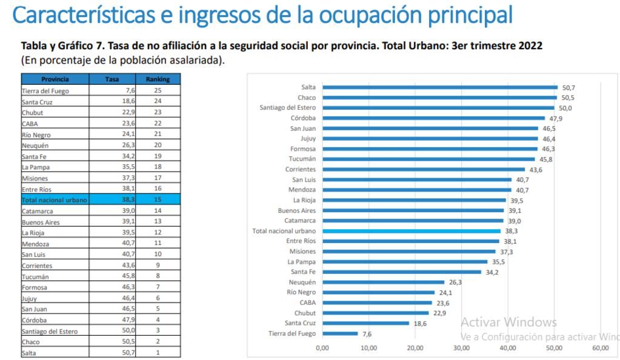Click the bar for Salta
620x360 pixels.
(439, 87)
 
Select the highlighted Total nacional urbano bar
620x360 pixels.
(412, 231)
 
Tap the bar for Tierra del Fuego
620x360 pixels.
(340, 333)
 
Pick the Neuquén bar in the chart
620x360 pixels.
(383, 282)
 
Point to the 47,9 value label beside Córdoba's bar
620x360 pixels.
(556, 118)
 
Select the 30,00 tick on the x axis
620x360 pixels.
(461, 348)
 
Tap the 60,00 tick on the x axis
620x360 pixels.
(600, 348)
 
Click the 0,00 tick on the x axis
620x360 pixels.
(322, 348)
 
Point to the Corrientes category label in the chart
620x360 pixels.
(301, 169)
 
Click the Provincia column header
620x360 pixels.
(55, 79)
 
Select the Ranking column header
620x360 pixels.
(157, 79)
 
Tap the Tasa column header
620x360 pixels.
(113, 79)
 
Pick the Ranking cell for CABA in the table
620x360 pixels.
(157, 123)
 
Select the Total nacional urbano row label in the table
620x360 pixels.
(55, 199)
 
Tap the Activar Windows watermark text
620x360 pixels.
(508, 322)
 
